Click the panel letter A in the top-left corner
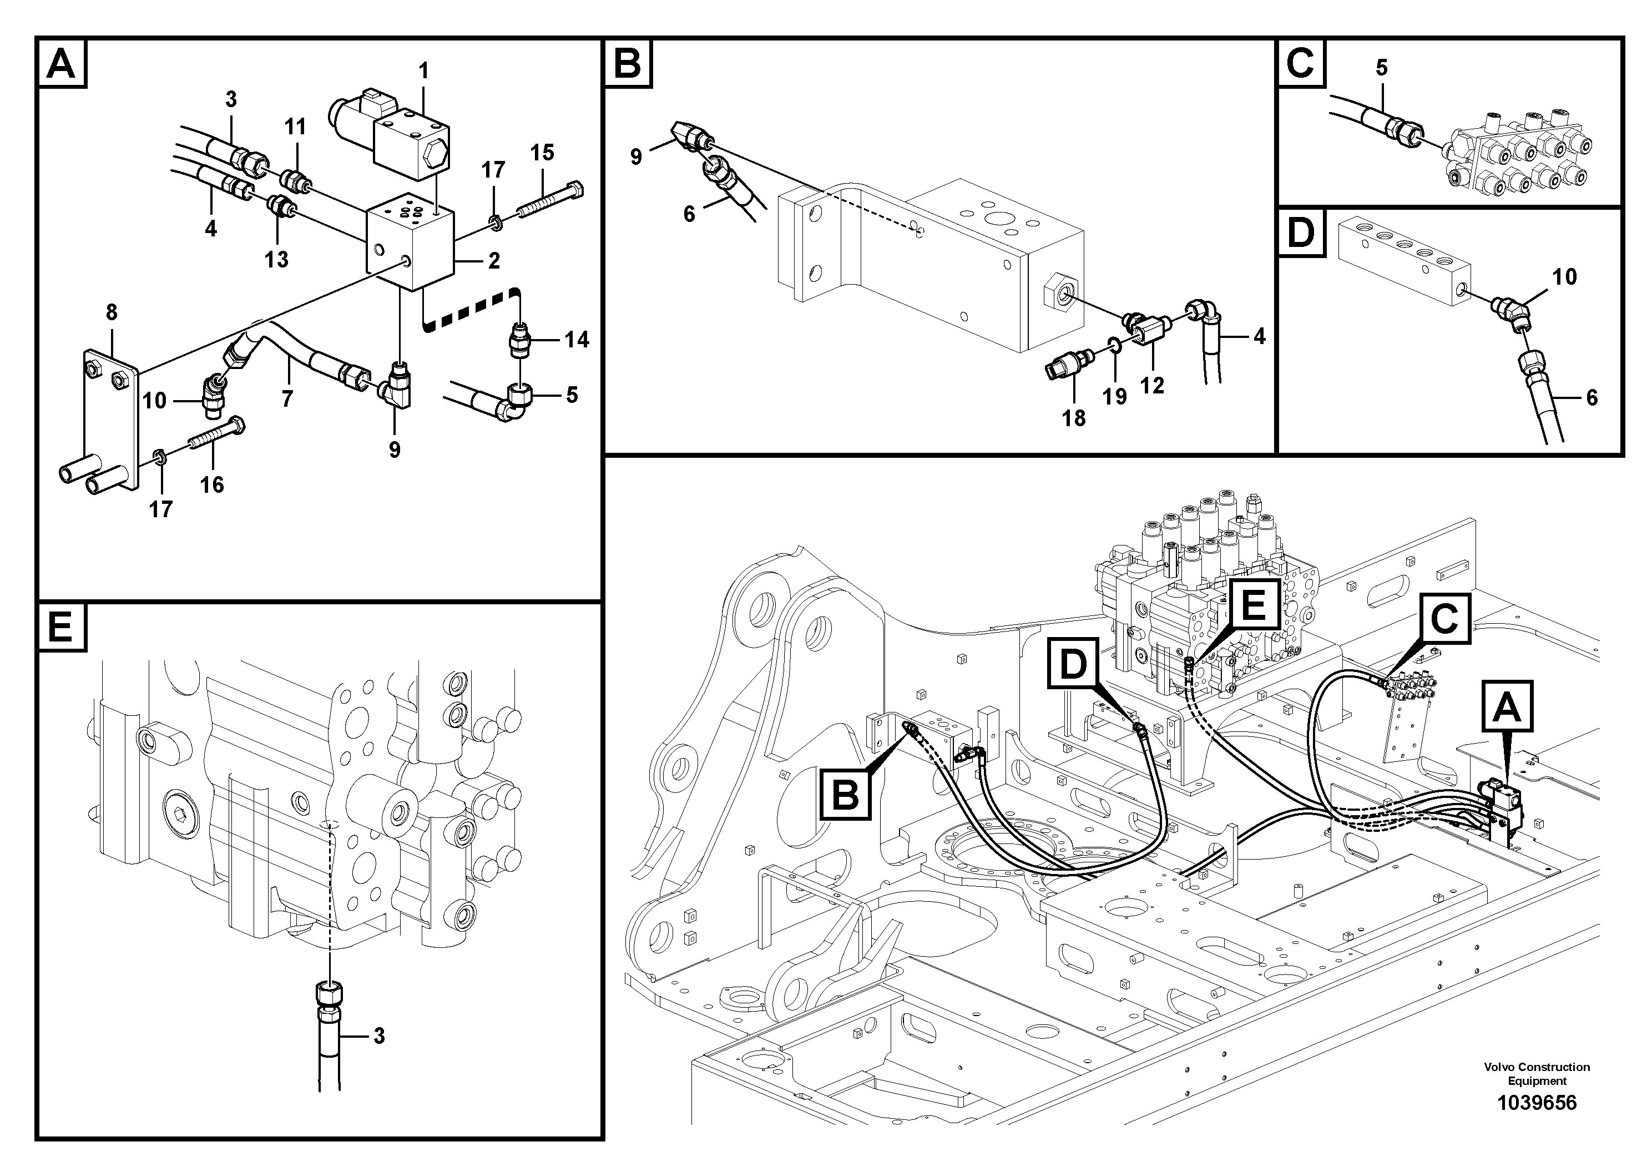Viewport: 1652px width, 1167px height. [61, 64]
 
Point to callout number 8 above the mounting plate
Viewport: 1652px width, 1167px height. [112, 312]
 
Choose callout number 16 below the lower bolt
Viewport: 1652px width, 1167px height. [211, 485]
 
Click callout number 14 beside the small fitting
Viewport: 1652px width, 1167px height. [577, 340]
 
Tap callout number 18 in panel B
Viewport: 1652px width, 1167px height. [1074, 418]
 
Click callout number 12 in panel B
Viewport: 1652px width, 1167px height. [1151, 386]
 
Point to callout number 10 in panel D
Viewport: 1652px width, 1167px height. [1564, 277]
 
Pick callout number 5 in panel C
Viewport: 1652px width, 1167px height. [1381, 68]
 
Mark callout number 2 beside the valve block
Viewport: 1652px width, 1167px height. [493, 260]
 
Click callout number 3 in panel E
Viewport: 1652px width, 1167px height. [378, 1037]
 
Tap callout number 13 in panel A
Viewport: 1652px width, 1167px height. [276, 260]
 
